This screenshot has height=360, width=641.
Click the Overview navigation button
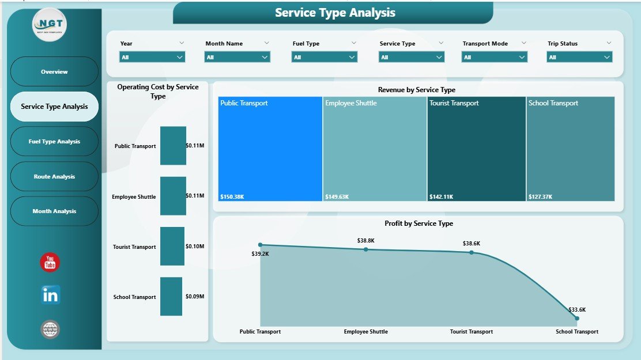click(54, 72)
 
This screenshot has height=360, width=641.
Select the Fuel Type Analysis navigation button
click(54, 142)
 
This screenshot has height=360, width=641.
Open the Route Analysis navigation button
click(54, 177)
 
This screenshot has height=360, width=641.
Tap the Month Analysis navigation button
click(54, 211)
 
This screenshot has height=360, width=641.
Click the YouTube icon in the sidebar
click(50, 262)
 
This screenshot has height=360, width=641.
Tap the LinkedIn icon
click(50, 295)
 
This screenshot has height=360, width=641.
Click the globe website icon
click(50, 329)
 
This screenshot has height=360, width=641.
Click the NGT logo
click(50, 25)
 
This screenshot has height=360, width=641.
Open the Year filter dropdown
click(152, 57)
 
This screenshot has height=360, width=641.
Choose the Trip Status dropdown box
click(579, 57)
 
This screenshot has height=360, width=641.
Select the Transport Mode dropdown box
click(495, 57)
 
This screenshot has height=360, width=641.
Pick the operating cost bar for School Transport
click(171, 297)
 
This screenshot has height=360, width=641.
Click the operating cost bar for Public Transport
click(173, 146)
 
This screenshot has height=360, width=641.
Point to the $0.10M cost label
click(195, 247)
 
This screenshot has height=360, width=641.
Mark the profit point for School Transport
click(576, 318)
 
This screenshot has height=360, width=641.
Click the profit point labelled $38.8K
click(365, 249)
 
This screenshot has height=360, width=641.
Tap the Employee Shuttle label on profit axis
click(365, 332)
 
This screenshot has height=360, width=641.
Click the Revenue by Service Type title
click(416, 90)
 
